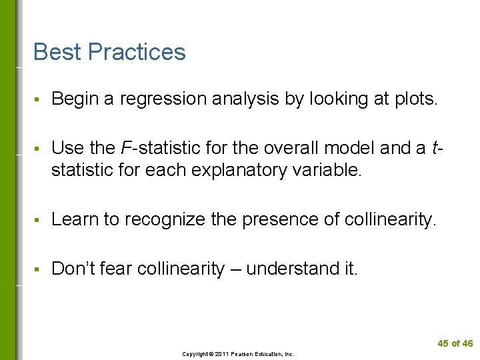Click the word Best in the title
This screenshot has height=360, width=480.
click(57, 52)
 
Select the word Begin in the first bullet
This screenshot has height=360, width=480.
click(75, 99)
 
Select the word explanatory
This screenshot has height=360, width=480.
click(243, 170)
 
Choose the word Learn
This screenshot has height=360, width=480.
click(74, 219)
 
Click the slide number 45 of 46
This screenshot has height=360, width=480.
click(455, 343)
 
